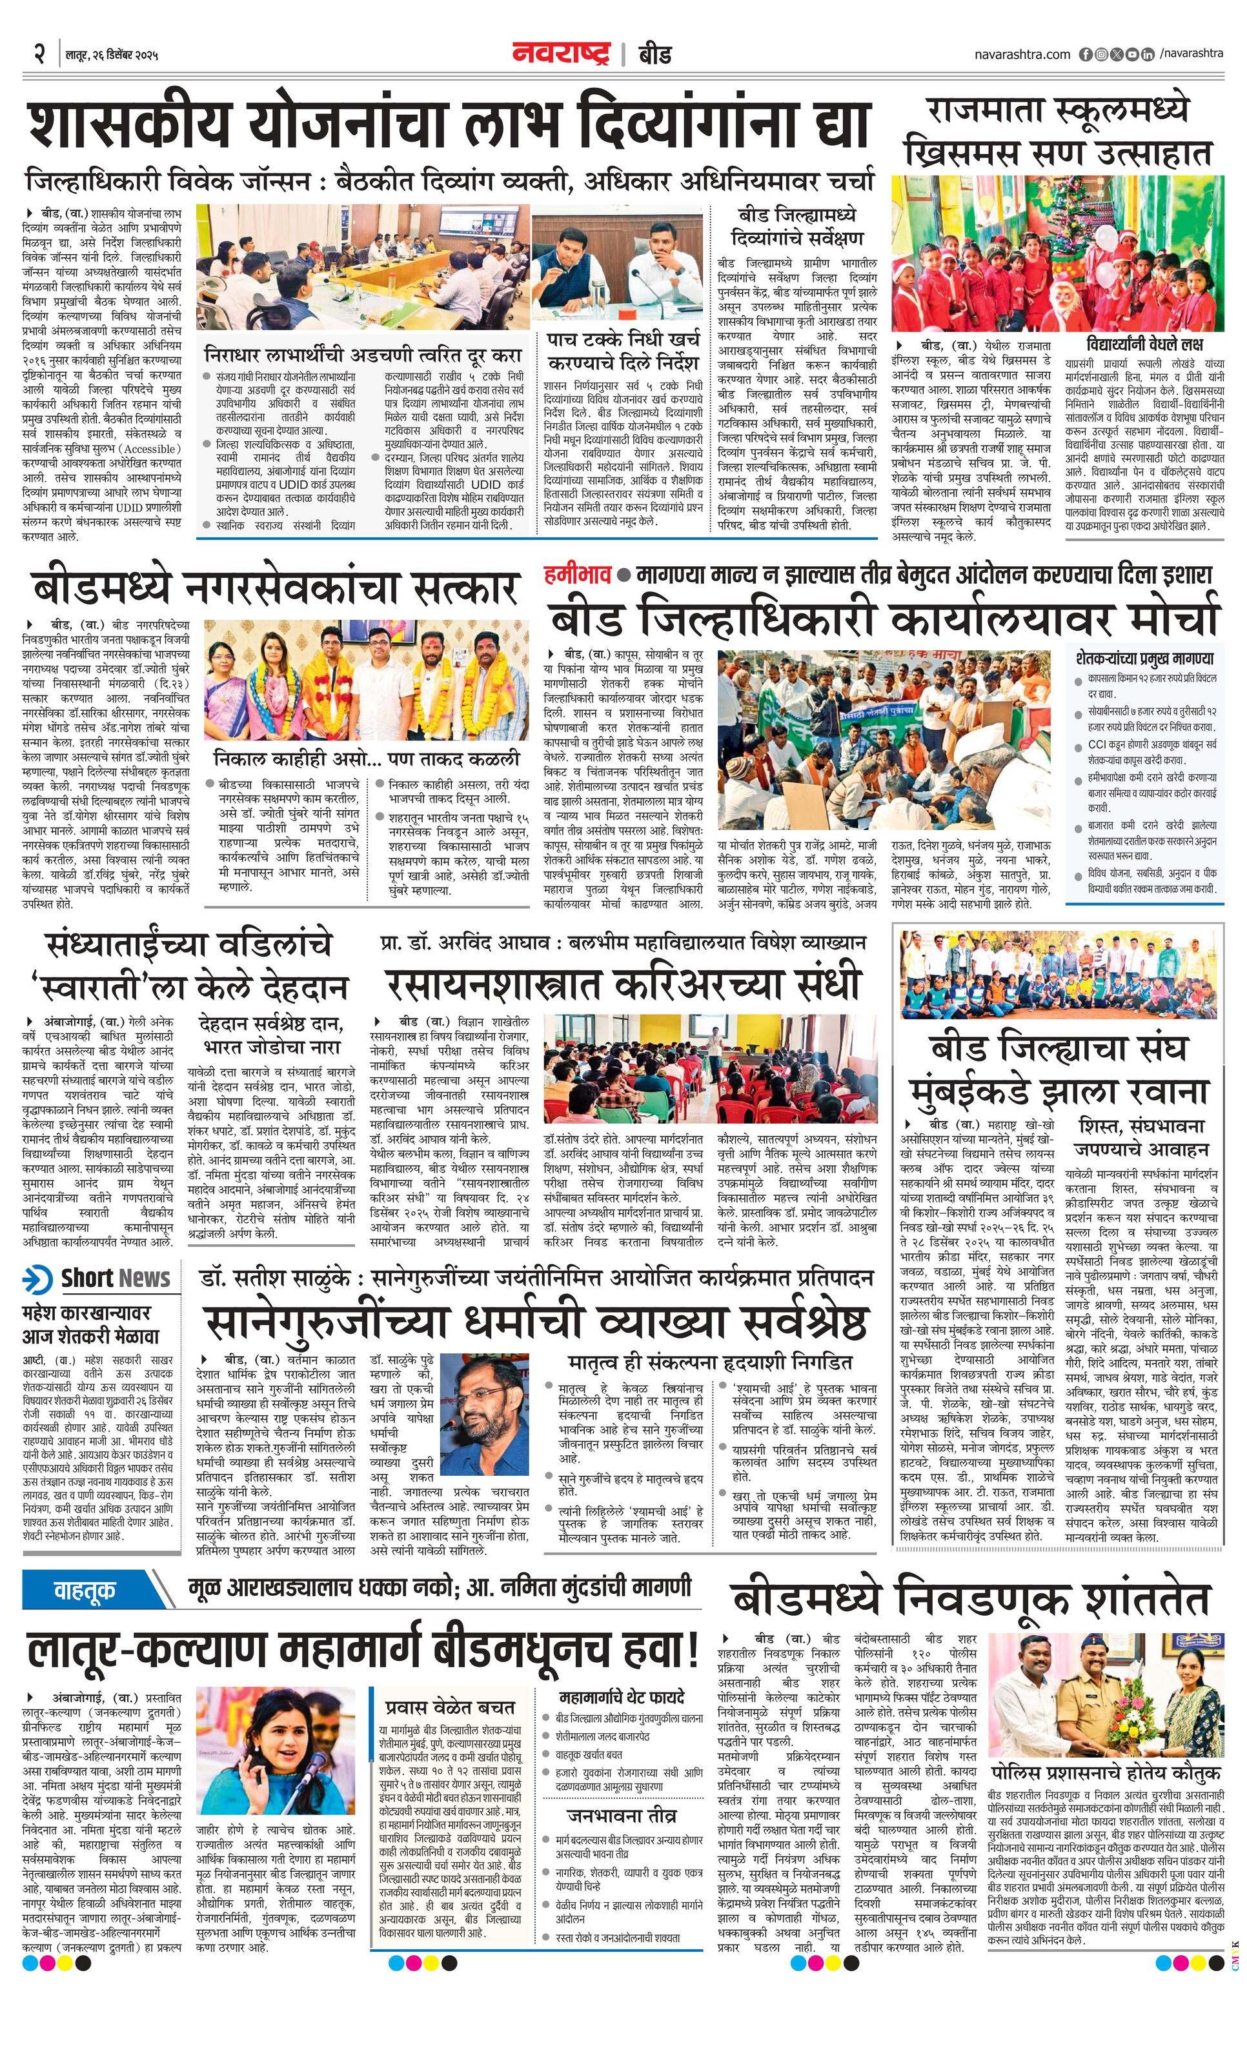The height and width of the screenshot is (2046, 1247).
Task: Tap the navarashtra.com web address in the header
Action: click(1022, 55)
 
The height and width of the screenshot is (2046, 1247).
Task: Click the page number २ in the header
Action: click(39, 55)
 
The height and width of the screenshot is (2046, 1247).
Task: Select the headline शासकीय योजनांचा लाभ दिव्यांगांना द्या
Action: click(449, 124)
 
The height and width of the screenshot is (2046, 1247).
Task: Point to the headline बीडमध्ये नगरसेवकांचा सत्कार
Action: click(277, 588)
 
